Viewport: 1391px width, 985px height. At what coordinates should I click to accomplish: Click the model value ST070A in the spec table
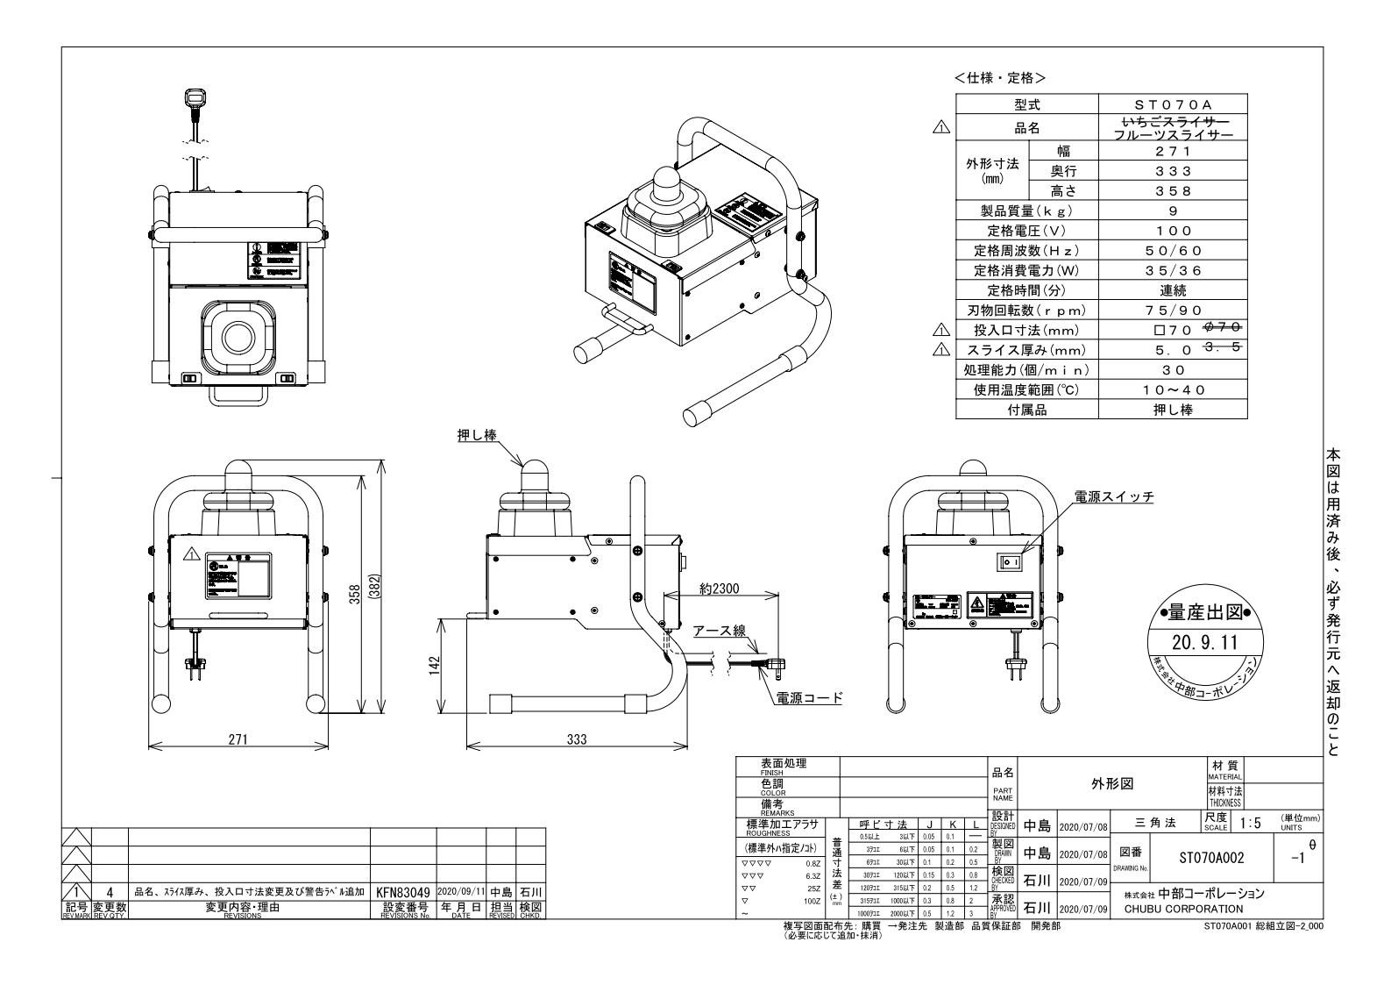click(1173, 104)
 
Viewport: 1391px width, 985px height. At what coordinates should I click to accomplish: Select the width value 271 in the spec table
click(1173, 151)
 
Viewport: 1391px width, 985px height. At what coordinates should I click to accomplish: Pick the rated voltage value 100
click(1173, 231)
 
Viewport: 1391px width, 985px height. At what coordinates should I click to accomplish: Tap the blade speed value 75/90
click(1173, 310)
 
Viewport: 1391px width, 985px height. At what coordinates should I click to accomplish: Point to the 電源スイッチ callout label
click(1114, 497)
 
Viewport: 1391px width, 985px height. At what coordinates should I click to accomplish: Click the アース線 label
click(719, 631)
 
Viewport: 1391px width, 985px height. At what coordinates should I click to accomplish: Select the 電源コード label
click(809, 698)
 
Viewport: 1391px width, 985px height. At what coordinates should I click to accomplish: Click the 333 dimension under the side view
click(576, 739)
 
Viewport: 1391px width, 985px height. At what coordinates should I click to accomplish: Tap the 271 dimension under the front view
click(238, 739)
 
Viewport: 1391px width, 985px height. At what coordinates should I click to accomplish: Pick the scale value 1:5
click(1251, 822)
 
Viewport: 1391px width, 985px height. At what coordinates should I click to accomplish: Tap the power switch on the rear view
click(1007, 561)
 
